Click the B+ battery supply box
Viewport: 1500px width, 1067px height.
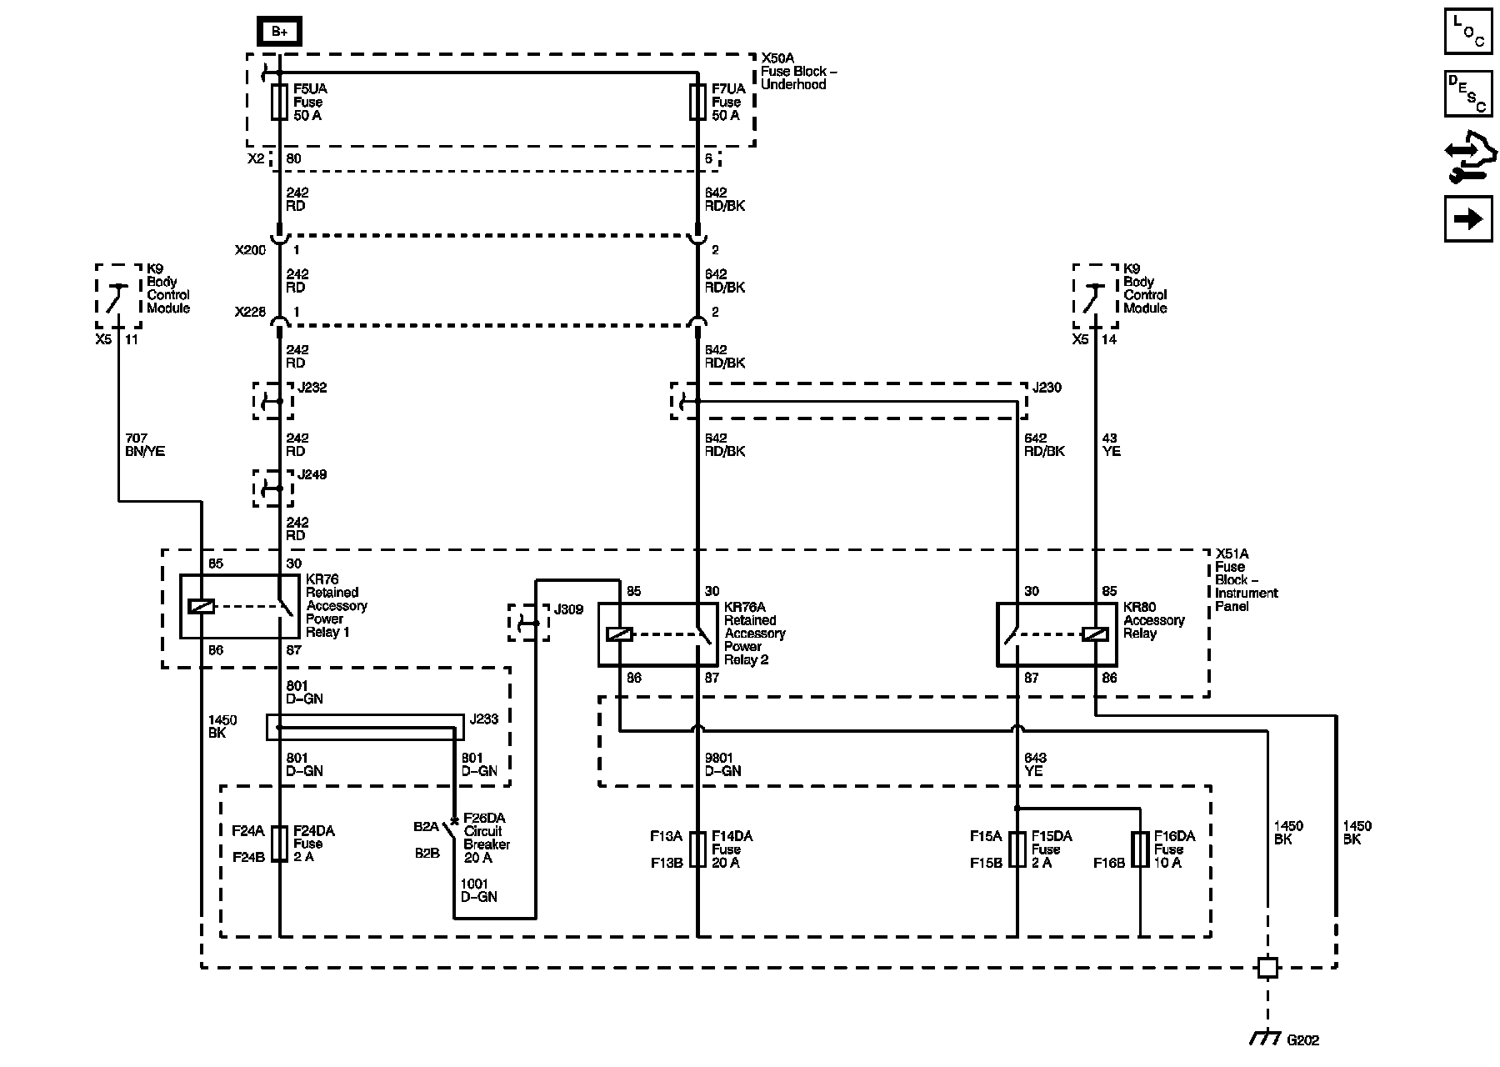pos(278,32)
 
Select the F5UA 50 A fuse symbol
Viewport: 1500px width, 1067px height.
pos(279,102)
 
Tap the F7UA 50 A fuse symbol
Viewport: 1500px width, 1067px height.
pos(697,102)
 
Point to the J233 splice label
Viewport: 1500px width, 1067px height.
pos(484,719)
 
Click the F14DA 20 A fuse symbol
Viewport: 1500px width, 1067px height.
pos(697,849)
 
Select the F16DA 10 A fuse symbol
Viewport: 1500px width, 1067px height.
pos(1139,849)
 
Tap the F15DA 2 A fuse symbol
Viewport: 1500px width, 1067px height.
pos(1017,849)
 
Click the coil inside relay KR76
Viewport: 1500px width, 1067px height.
pos(202,606)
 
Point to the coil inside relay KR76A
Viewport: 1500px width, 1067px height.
pos(619,634)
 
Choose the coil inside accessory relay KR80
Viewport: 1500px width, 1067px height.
pos(1095,634)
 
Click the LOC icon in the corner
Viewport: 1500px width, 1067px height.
pos(1468,32)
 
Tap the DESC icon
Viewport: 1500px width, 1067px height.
pos(1468,93)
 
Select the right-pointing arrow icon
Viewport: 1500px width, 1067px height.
pos(1468,218)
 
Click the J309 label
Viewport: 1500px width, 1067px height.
pos(568,609)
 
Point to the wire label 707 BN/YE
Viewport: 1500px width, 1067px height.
pos(145,444)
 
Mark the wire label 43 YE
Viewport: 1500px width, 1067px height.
pos(1111,444)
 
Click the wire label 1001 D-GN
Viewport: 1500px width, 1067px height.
pos(478,890)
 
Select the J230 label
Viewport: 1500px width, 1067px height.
pos(1047,388)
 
